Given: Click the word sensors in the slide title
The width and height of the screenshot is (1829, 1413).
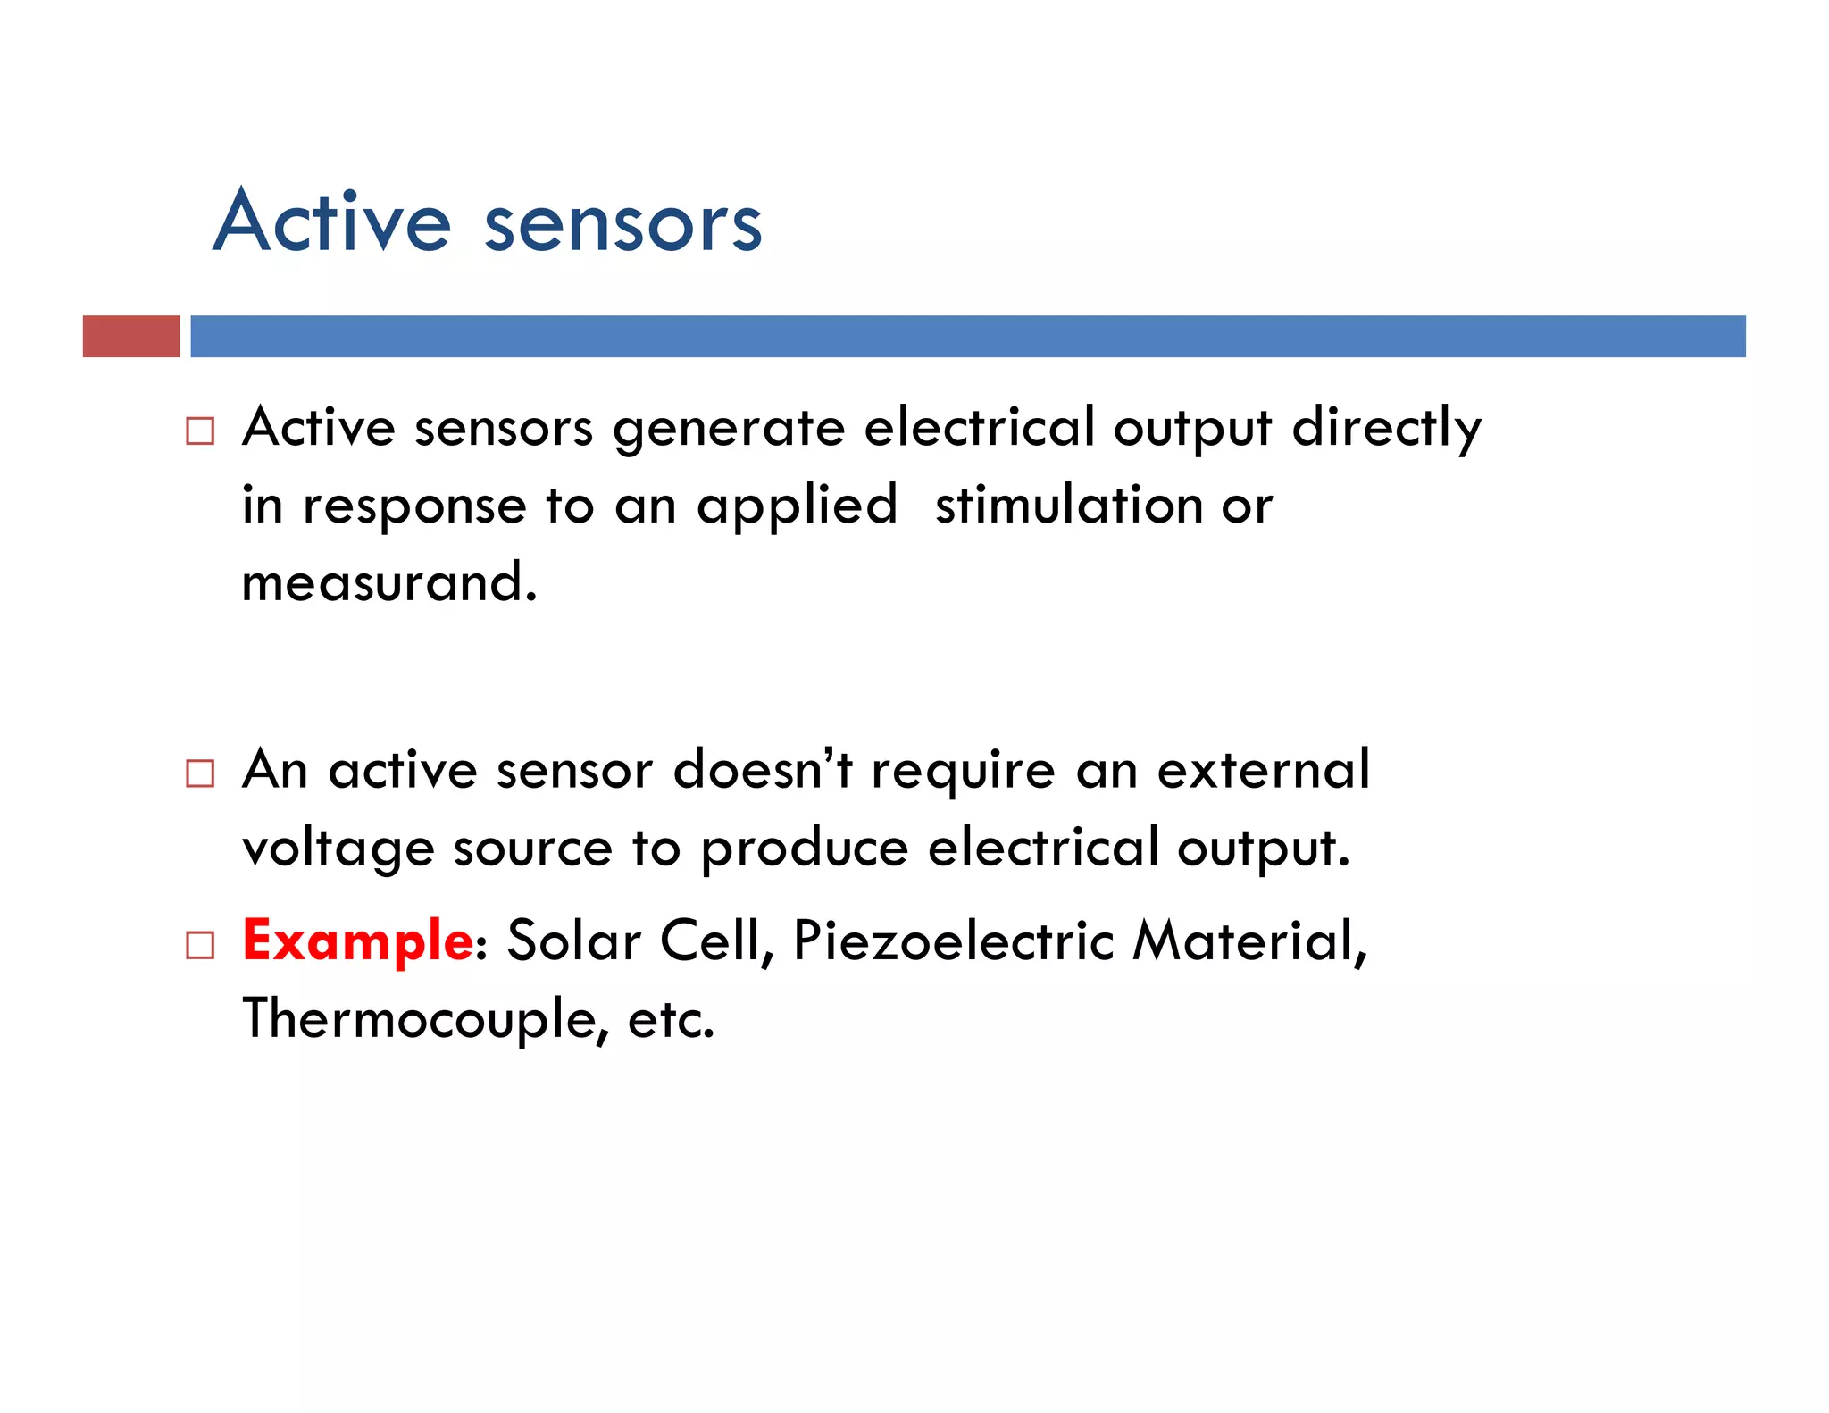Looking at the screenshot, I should point(622,224).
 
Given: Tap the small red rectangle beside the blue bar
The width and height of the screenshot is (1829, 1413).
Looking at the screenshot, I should point(131,336).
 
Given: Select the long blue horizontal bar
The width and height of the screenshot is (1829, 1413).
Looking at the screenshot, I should point(967,336).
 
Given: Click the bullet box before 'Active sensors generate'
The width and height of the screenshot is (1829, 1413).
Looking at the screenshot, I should point(200,431).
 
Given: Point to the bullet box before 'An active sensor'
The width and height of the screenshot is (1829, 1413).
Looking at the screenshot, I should point(200,773).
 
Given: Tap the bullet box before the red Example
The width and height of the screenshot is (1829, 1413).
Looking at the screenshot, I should point(200,944).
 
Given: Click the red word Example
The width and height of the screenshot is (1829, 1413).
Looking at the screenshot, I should point(357,942).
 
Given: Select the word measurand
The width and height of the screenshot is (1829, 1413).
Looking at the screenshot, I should point(388,582).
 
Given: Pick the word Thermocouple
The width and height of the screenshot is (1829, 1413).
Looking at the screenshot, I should point(424,1019).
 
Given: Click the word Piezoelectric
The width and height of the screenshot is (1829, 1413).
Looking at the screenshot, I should point(953,942).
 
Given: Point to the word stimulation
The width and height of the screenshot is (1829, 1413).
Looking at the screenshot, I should point(1068,505).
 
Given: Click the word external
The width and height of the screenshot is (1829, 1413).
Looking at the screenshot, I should point(1263,769).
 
